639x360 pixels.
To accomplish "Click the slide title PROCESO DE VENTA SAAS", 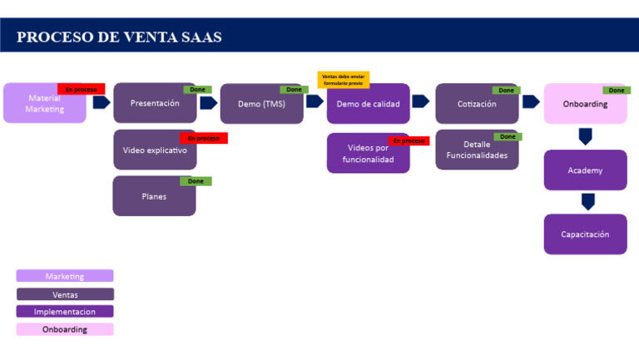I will click(119, 37).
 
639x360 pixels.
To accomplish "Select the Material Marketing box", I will click(44, 104).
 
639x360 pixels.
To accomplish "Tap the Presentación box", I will click(155, 104).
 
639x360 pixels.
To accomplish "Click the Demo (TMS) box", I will click(261, 104).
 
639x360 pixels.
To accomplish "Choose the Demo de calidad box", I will click(368, 104).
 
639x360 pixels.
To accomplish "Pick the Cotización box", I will click(477, 104).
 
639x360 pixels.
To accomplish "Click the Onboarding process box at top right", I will click(585, 105).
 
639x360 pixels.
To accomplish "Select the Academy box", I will click(585, 170).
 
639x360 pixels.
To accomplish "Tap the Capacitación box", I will click(585, 234).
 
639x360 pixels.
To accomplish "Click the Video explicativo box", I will click(155, 150).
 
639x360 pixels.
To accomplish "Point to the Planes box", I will click(154, 196).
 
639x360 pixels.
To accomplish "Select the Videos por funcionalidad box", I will click(368, 154).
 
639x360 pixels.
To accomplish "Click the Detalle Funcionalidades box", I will click(477, 150).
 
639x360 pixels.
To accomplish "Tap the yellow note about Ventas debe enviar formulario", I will click(343, 79).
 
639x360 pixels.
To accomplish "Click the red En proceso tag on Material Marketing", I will click(81, 89).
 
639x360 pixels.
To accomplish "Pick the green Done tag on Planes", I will click(196, 181).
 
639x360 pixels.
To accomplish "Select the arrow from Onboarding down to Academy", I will click(586, 136).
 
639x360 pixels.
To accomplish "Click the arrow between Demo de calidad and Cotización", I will click(420, 101).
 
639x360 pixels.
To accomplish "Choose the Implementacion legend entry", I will click(65, 312).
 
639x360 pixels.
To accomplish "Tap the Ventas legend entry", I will click(65, 294).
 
